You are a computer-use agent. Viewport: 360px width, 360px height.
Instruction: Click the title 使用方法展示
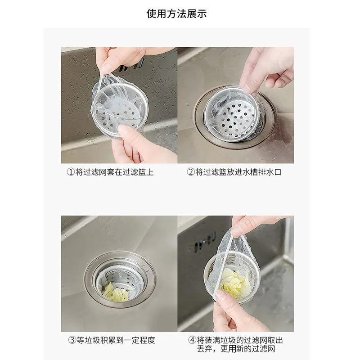pyautogui.click(x=176, y=13)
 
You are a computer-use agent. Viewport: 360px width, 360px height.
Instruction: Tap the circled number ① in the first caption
pyautogui.click(x=71, y=172)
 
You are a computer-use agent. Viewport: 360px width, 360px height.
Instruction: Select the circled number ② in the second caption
pyautogui.click(x=190, y=172)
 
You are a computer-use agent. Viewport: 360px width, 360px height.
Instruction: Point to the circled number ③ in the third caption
pyautogui.click(x=72, y=340)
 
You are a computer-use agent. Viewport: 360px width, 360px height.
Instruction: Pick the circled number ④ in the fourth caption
pyautogui.click(x=192, y=340)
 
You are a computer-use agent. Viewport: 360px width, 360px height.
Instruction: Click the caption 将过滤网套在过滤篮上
pyautogui.click(x=115, y=172)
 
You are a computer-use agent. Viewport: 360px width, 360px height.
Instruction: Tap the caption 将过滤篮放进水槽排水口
pyautogui.click(x=238, y=172)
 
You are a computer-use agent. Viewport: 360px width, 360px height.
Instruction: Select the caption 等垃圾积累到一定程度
pyautogui.click(x=116, y=340)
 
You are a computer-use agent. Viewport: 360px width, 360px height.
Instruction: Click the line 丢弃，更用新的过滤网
pyautogui.click(x=236, y=349)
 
